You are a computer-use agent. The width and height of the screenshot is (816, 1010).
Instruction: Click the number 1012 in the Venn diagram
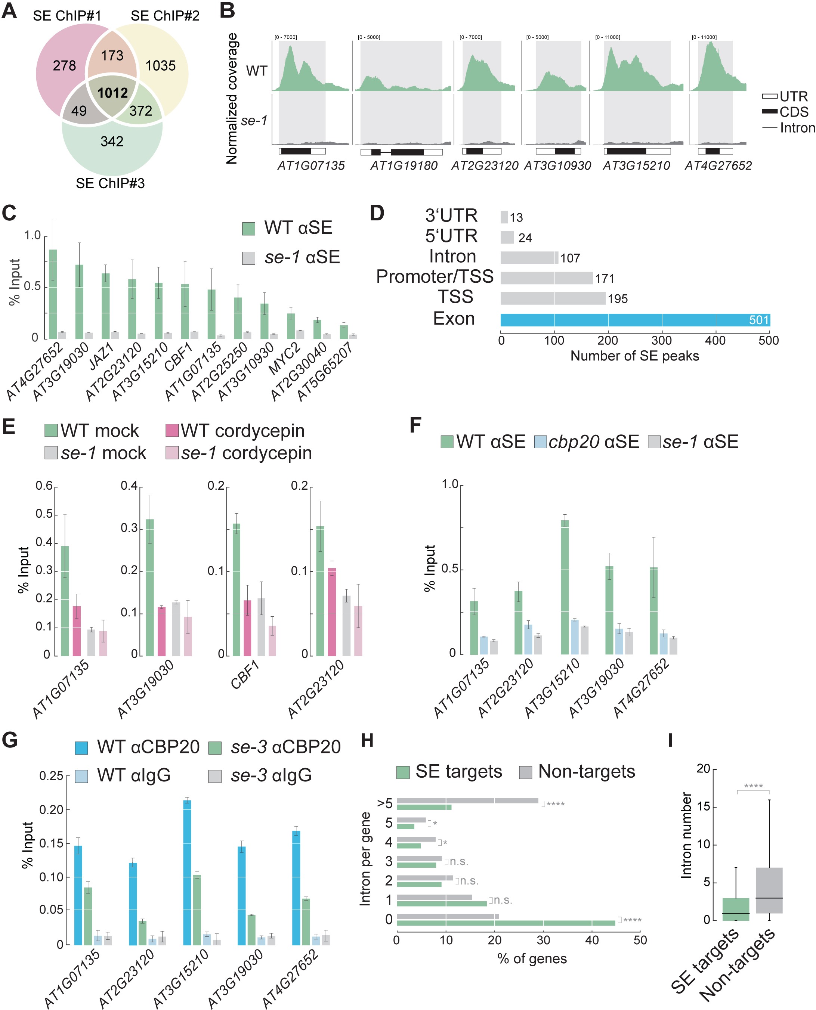[x=113, y=93]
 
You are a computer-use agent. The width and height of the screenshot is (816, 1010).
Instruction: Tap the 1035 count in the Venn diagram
[x=160, y=66]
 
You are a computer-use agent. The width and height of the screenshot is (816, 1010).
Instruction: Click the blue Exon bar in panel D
[x=634, y=320]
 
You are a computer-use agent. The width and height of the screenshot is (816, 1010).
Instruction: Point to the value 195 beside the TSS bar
[x=618, y=299]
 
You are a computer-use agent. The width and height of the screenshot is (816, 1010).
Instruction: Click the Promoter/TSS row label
[x=435, y=277]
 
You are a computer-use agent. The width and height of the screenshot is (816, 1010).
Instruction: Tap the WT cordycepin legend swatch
[x=172, y=431]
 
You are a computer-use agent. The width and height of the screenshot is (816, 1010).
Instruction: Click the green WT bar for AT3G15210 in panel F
[x=565, y=587]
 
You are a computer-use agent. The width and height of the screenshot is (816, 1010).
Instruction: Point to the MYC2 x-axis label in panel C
[x=284, y=360]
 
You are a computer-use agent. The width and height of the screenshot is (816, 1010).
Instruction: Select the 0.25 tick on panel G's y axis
[x=51, y=776]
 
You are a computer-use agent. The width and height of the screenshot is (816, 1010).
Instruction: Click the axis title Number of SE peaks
[x=634, y=356]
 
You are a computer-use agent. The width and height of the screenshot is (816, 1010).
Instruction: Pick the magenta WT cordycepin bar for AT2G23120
[x=332, y=612]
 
